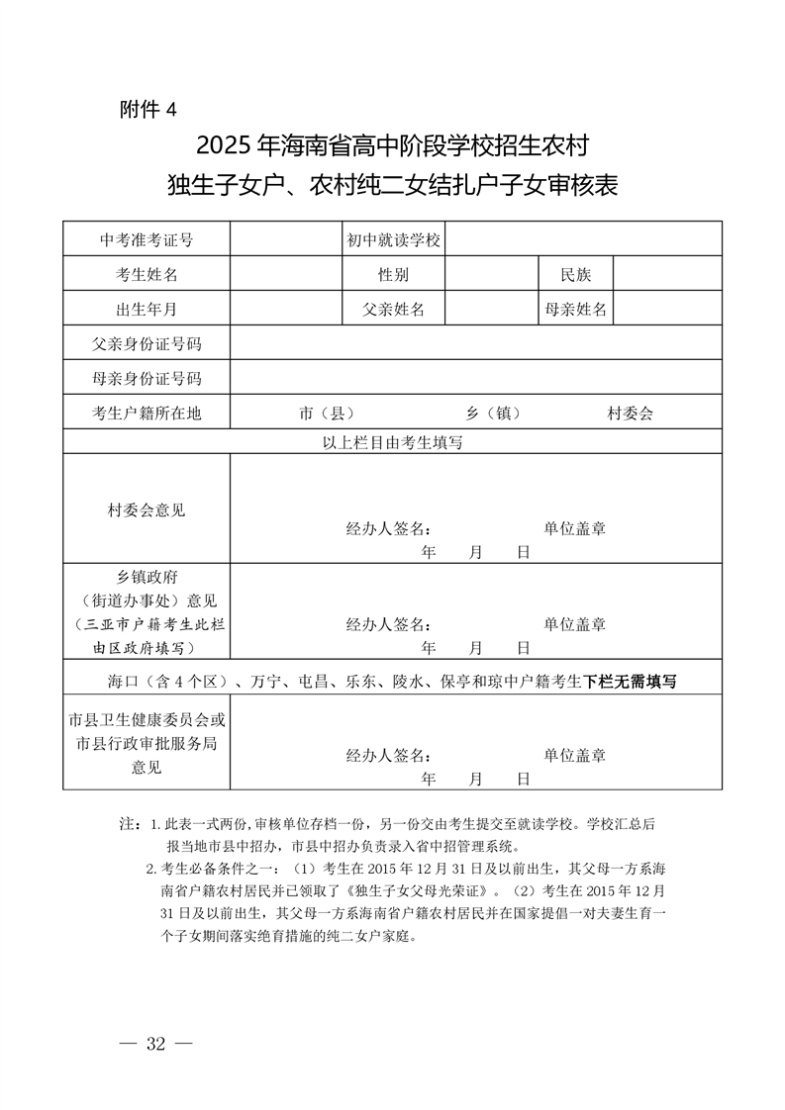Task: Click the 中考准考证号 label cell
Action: click(x=147, y=240)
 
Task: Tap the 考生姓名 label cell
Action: click(x=147, y=275)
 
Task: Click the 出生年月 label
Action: click(x=147, y=310)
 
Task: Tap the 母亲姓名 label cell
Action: click(x=576, y=310)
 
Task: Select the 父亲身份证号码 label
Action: click(x=147, y=344)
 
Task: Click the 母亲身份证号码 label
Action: click(x=147, y=379)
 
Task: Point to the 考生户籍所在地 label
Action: click(x=147, y=414)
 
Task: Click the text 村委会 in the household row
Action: click(x=631, y=414)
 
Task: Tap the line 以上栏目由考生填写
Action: click(x=393, y=443)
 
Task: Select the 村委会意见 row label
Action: click(x=147, y=510)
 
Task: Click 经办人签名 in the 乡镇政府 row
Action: click(x=388, y=624)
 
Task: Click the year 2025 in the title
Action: click(x=225, y=147)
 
